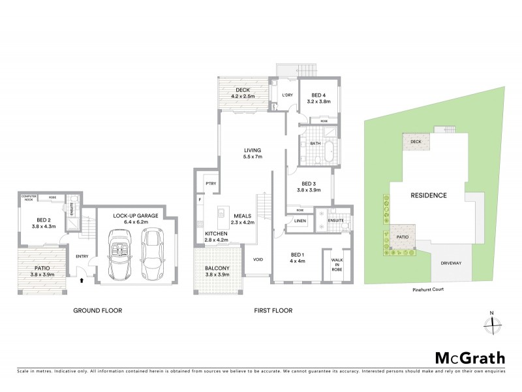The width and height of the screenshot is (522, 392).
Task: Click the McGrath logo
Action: pyautogui.click(x=470, y=357)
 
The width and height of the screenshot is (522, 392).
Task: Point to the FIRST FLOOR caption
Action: pyautogui.click(x=272, y=310)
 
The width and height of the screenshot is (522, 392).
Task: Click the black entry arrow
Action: pyautogui.click(x=81, y=281)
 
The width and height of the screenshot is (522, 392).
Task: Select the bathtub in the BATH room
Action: pyautogui.click(x=326, y=151)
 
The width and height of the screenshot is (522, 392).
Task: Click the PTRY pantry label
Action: pyautogui.click(x=211, y=184)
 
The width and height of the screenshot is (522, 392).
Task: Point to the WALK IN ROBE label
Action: pyautogui.click(x=337, y=263)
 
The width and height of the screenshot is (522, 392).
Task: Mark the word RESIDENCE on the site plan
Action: pyautogui.click(x=428, y=195)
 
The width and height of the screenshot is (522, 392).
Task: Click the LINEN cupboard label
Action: pyautogui.click(x=299, y=221)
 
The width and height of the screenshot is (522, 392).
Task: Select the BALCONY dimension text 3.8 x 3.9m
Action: pyautogui.click(x=218, y=276)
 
